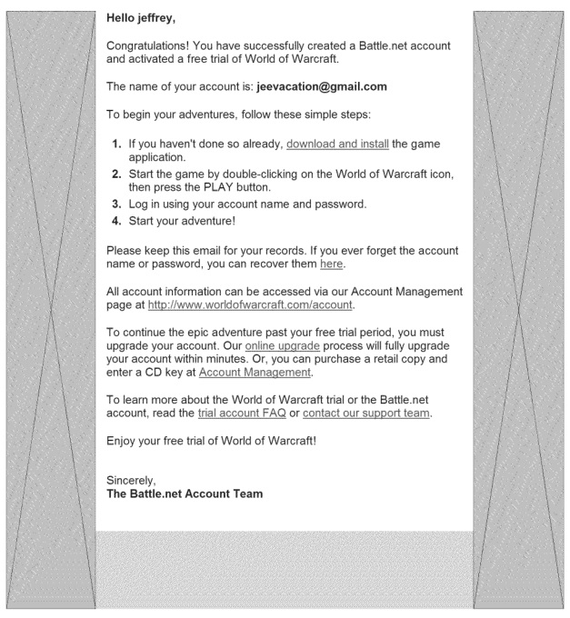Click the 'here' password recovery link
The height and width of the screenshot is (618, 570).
click(x=332, y=264)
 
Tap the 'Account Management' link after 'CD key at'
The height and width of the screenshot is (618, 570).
click(x=255, y=373)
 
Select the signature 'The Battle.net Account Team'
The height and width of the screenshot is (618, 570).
click(x=185, y=494)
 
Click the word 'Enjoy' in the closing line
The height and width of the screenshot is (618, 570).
click(x=125, y=442)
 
